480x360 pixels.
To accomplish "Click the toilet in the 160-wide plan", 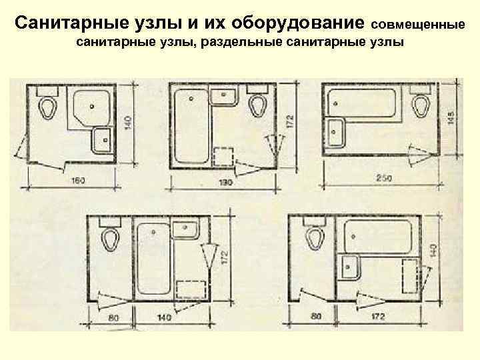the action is pos(47,106).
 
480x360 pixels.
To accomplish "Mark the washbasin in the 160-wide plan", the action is pos(103,140).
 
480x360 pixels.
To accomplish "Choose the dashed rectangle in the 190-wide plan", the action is pos(223,155).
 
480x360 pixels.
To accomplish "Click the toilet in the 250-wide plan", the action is pos(421,104).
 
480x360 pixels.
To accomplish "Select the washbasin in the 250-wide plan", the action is pos(335,132).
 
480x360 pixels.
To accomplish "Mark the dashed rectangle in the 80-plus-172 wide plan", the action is pos(411,275).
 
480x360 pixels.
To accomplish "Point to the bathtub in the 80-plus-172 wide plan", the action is pos(379,237).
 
